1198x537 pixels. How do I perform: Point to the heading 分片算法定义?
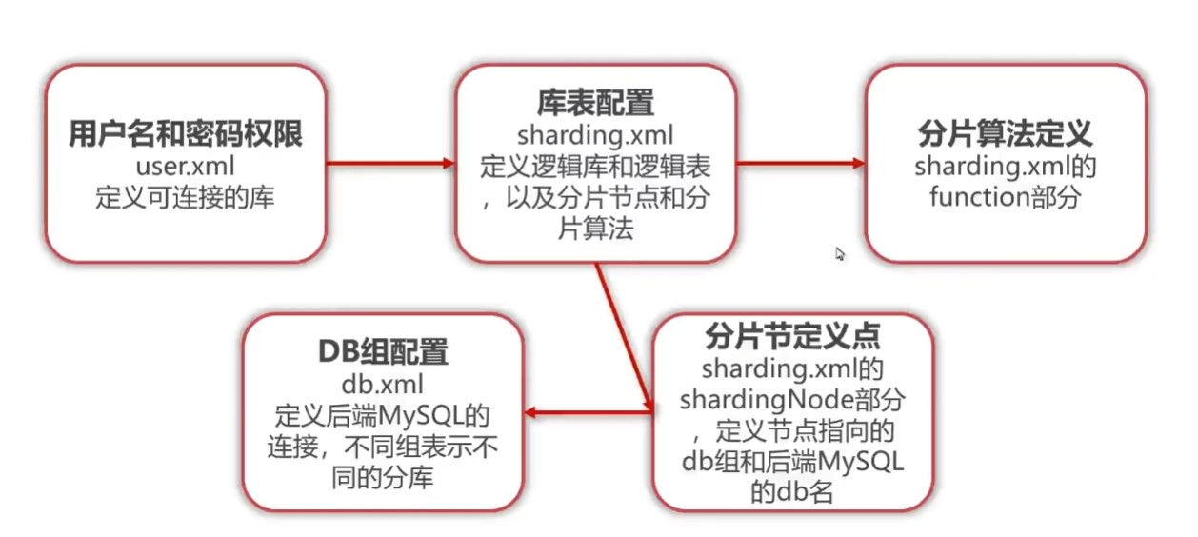tap(1006, 134)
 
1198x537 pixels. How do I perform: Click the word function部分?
tap(1006, 198)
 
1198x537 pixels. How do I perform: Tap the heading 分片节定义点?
tap(792, 336)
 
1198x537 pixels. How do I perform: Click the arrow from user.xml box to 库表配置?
tap(390, 164)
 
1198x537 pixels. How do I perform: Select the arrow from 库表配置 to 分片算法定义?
tap(800, 164)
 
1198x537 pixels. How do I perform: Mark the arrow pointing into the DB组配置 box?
tap(588, 413)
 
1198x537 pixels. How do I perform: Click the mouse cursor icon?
tap(840, 254)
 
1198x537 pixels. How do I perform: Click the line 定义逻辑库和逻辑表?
tap(595, 166)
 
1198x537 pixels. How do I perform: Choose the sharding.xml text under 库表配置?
tap(595, 134)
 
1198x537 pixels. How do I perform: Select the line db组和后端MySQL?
tap(792, 462)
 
